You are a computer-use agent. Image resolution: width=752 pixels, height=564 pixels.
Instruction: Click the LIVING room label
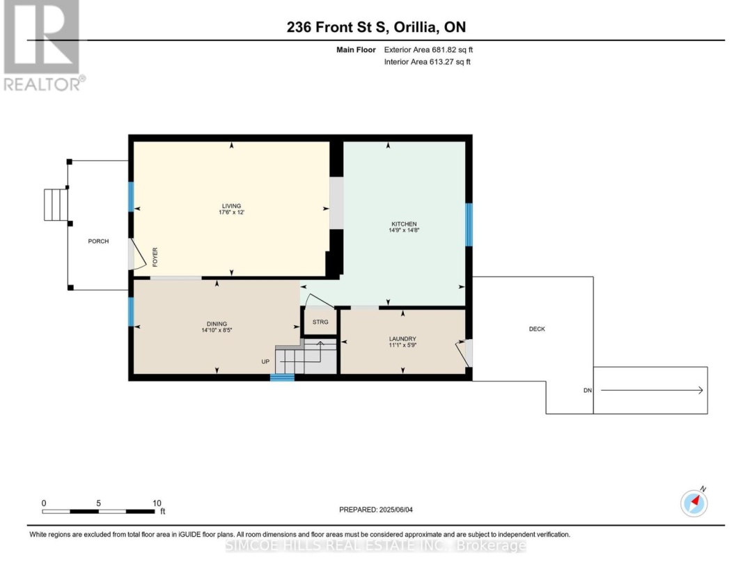click(231, 206)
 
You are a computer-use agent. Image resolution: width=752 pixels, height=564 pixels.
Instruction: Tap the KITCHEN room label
click(403, 224)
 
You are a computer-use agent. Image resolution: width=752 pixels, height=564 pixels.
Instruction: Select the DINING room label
click(217, 324)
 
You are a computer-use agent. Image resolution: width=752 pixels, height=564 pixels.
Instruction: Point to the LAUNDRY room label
click(402, 340)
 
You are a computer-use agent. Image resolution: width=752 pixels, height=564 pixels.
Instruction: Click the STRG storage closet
click(320, 322)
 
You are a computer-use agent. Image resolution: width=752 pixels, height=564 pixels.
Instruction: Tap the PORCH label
click(98, 242)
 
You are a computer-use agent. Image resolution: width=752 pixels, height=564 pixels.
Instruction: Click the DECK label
click(537, 329)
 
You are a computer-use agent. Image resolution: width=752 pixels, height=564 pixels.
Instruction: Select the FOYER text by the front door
click(155, 258)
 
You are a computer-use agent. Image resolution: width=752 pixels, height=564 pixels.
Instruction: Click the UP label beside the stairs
click(265, 362)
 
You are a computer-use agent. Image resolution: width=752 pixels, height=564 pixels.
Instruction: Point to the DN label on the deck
click(587, 391)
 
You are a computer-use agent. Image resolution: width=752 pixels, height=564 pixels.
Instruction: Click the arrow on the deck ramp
click(651, 391)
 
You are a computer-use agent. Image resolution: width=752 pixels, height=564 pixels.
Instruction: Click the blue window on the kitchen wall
click(469, 224)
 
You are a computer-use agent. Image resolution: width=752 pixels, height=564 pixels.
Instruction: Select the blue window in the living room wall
click(130, 196)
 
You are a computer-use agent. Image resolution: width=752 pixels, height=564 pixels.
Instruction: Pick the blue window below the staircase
click(282, 378)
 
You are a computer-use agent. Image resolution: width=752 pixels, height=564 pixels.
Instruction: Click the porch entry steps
click(54, 204)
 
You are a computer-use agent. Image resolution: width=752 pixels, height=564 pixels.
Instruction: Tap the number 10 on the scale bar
click(157, 503)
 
